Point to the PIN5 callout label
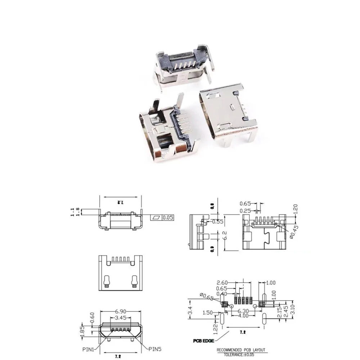(x=156, y=348)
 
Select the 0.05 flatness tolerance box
(x=168, y=217)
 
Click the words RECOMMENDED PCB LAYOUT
(x=241, y=350)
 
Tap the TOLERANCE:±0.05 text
(x=240, y=354)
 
